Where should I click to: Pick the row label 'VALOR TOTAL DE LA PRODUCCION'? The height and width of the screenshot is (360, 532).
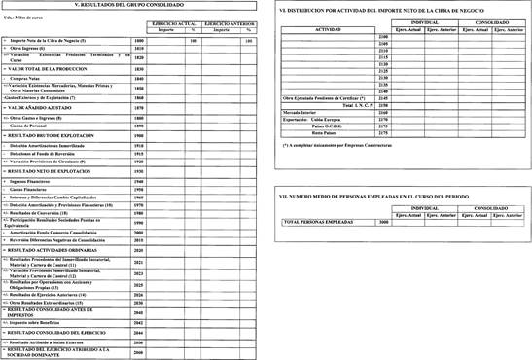tap(43, 69)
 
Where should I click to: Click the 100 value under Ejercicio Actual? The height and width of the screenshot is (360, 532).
tap(194, 40)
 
